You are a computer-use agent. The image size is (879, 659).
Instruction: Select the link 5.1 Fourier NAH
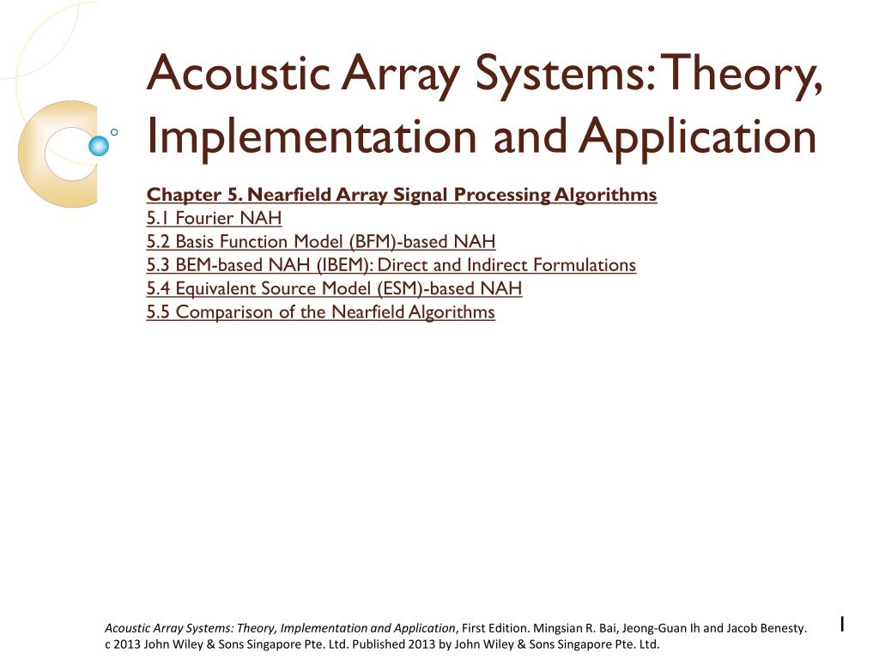pyautogui.click(x=214, y=218)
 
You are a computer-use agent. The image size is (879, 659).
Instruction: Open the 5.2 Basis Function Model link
pyautogui.click(x=320, y=241)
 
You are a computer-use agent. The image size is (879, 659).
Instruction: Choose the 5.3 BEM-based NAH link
pyautogui.click(x=391, y=264)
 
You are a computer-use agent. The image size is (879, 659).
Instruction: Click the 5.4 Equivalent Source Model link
pyautogui.click(x=334, y=288)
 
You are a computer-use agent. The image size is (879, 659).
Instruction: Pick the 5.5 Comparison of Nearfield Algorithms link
pyautogui.click(x=320, y=311)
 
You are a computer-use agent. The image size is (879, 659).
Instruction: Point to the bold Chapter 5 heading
pyautogui.click(x=401, y=195)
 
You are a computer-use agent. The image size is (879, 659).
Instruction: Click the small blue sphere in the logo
pyautogui.click(x=100, y=146)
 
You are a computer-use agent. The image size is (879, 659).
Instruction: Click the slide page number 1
pyautogui.click(x=842, y=625)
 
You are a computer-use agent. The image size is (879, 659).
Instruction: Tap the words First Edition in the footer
pyautogui.click(x=495, y=628)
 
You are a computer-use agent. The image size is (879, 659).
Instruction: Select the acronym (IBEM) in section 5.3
pyautogui.click(x=343, y=264)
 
